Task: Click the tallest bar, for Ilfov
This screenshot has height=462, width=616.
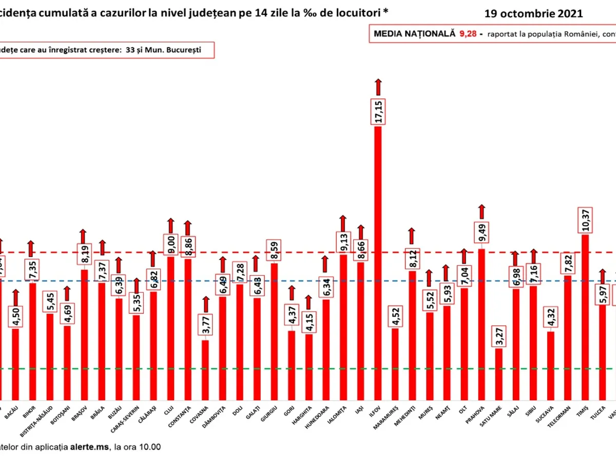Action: coord(378,262)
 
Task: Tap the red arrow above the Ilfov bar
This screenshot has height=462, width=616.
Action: coord(378,87)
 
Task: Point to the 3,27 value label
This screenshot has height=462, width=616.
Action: coord(498,337)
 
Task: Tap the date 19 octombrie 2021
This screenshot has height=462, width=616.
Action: coord(534,14)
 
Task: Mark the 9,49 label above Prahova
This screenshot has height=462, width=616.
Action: coord(482,235)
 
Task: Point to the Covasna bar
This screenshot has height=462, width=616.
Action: coord(205,370)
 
